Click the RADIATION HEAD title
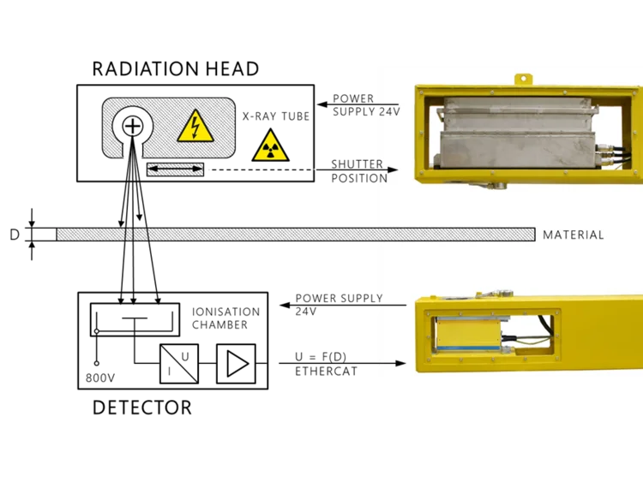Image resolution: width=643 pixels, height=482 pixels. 176,68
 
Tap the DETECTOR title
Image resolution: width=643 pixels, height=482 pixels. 141,408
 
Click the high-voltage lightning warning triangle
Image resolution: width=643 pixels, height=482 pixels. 195,127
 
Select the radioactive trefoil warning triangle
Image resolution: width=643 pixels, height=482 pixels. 270,146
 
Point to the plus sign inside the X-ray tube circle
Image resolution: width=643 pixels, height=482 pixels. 132,126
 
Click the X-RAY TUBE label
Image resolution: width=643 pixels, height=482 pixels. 276,116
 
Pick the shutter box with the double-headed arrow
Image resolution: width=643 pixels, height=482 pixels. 175,170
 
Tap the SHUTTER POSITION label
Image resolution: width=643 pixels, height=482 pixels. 359,171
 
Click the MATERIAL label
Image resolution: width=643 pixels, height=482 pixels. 574,235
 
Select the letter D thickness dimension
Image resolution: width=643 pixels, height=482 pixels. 15,235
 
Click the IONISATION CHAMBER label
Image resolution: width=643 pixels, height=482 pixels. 225,318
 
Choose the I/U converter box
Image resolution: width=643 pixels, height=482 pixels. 179,364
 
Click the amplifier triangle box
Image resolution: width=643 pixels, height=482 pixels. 236,364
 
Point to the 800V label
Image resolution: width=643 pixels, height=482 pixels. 100,378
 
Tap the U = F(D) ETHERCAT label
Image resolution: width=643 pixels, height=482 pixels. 326,364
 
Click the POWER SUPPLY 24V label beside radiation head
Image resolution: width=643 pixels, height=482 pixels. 366,105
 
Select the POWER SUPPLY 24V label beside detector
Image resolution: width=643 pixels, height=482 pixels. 339,304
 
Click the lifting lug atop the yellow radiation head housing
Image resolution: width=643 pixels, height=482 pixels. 523,79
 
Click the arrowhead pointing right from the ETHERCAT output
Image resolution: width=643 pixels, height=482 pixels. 400,363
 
